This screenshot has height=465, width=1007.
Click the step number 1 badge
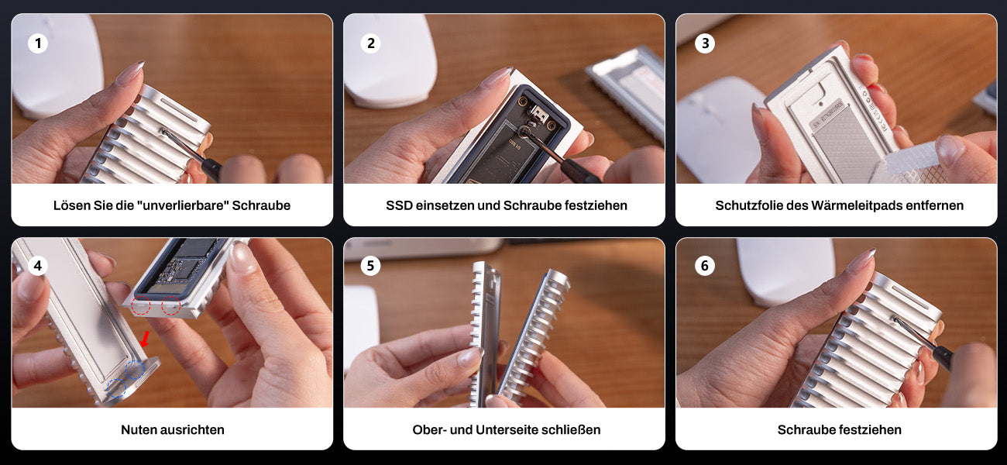[38, 43]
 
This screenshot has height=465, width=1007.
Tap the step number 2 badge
[370, 43]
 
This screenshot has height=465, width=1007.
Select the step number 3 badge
[704, 43]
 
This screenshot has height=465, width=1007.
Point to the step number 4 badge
[38, 265]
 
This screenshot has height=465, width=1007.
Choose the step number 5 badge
[370, 265]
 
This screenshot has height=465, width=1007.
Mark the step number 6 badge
[704, 265]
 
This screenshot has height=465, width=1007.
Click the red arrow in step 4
[145, 339]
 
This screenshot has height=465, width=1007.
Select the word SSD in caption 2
[399, 205]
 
